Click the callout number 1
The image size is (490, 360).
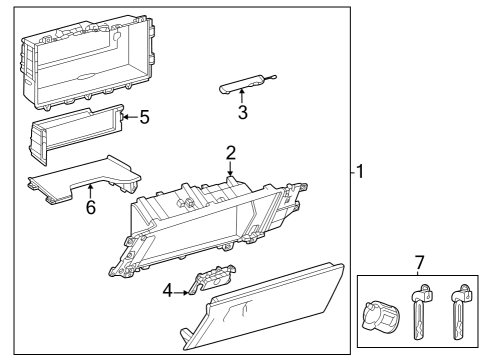tap(361, 170)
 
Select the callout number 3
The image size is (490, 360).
tap(242, 112)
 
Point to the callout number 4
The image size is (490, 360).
tap(169, 291)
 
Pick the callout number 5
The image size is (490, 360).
tap(144, 117)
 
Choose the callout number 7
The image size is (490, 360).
tap(420, 262)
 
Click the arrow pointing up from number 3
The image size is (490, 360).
tap(242, 96)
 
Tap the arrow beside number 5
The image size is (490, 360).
tap(129, 117)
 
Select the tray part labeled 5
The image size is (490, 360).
tap(75, 132)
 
